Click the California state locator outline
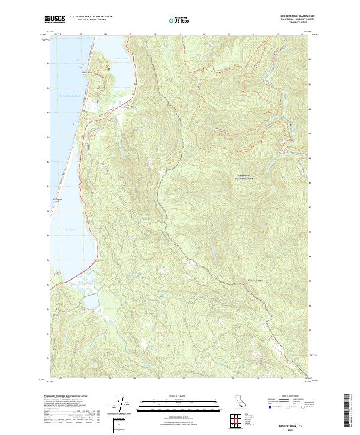coord(238,401)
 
